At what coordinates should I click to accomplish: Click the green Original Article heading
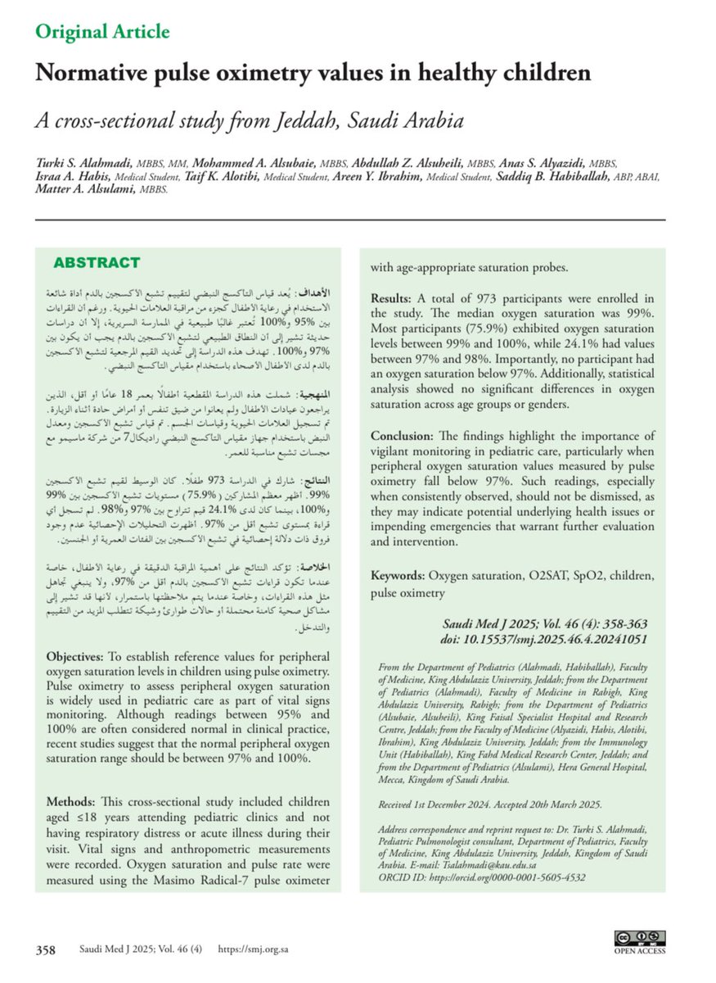101,32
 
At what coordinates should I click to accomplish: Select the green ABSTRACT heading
97,263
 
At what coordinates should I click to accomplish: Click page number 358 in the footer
45,950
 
